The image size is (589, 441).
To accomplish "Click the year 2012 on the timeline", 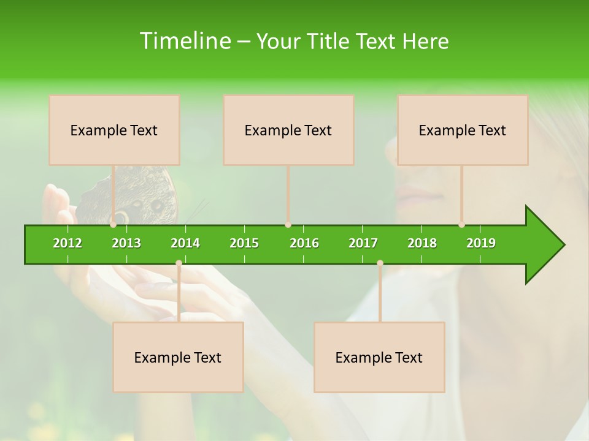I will click(x=67, y=243).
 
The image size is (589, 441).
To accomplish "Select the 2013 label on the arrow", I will click(x=126, y=243).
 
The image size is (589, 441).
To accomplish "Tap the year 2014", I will click(x=185, y=243).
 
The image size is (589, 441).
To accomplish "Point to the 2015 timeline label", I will click(x=244, y=243).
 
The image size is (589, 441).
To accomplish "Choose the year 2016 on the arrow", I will click(x=304, y=243).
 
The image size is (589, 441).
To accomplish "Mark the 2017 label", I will click(x=363, y=243).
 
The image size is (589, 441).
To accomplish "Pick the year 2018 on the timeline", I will click(x=422, y=243).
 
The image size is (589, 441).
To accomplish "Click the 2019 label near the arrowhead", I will click(x=481, y=243).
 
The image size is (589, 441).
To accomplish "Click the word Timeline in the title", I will click(x=184, y=41).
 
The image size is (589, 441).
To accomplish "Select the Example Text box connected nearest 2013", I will click(x=114, y=130).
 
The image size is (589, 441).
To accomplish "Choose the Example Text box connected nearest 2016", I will click(x=288, y=130).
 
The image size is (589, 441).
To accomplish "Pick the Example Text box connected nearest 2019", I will click(x=463, y=130).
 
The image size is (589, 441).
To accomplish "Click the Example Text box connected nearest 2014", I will click(x=178, y=357).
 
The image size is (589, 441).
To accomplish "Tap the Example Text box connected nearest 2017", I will click(x=379, y=357).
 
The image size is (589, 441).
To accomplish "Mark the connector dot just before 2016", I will click(x=288, y=225).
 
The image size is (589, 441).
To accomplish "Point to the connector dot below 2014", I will click(x=179, y=263).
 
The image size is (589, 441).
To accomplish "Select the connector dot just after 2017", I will click(x=380, y=263).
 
